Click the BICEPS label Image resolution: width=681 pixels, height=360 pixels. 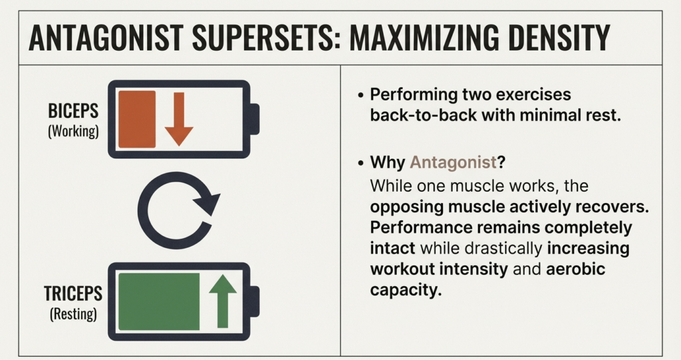click(73, 111)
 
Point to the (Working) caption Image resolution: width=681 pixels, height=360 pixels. click(73, 132)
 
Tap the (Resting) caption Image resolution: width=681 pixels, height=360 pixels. click(73, 313)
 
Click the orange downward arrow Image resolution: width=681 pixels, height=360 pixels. click(178, 118)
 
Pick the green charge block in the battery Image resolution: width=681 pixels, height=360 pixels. click(158, 301)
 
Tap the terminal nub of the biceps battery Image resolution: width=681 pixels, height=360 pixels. click(253, 119)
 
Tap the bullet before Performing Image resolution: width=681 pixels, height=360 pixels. click(360, 94)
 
